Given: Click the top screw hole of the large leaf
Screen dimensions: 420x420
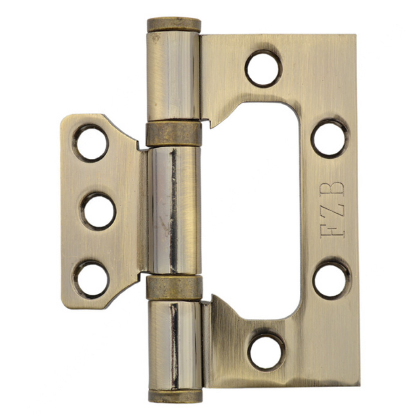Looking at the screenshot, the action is pyautogui.click(x=264, y=68).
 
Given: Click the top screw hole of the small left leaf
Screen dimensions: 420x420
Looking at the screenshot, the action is pyautogui.click(x=91, y=143).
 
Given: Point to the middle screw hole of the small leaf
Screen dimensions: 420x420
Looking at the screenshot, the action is pyautogui.click(x=98, y=211).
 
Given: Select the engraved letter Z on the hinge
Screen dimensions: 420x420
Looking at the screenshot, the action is pyautogui.click(x=332, y=210).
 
